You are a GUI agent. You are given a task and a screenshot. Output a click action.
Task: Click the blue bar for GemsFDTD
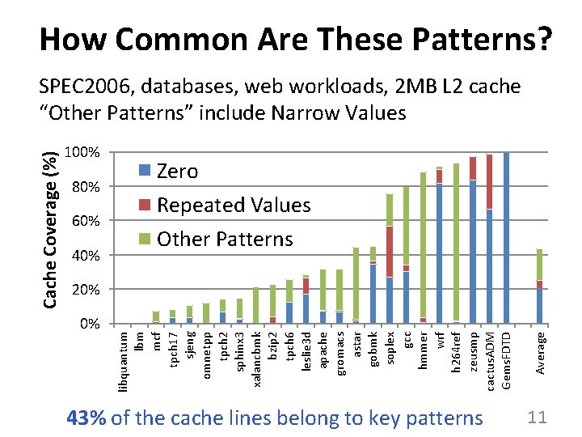(x=506, y=237)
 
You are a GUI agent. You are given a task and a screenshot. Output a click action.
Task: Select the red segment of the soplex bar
(x=390, y=252)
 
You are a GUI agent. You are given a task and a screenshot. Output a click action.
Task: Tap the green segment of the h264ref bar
(x=456, y=242)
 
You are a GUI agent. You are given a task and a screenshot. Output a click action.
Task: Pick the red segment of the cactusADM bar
(x=490, y=182)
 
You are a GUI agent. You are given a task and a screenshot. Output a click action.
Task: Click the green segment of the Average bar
(x=539, y=265)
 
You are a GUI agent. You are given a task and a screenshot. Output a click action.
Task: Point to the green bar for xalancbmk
(x=256, y=305)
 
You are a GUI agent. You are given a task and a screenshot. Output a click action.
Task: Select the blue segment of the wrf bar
(x=440, y=253)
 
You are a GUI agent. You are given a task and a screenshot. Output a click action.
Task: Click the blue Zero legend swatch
(x=145, y=170)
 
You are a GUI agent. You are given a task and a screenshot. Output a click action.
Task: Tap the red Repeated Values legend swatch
(x=145, y=205)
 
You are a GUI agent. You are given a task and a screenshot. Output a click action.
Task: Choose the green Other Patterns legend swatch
(x=145, y=239)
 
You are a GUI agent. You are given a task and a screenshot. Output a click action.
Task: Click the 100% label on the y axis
(x=82, y=152)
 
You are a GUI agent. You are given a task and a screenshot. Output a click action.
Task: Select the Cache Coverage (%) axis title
(x=50, y=230)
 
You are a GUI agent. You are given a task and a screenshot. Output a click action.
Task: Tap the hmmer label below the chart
(x=423, y=350)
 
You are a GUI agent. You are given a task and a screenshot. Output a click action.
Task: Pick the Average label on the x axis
(x=540, y=354)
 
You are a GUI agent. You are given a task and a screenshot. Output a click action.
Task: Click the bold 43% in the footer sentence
(x=86, y=418)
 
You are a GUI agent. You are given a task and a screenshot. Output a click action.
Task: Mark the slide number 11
(x=537, y=418)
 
